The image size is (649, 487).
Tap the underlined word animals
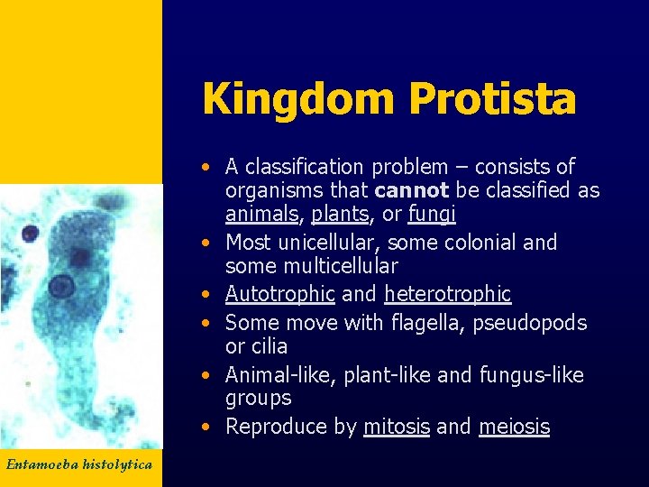click(261, 214)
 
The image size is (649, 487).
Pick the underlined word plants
click(340, 214)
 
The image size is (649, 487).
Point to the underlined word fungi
click(432, 214)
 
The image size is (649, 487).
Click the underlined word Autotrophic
click(279, 294)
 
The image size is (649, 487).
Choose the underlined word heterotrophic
click(447, 294)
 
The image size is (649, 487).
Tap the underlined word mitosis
click(396, 427)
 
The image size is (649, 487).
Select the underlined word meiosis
click(514, 427)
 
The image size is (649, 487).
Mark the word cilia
click(269, 346)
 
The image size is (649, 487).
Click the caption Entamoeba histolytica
click(79, 464)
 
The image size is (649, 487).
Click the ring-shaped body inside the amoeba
click(60, 288)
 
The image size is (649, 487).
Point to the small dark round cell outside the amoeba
click(30, 234)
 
